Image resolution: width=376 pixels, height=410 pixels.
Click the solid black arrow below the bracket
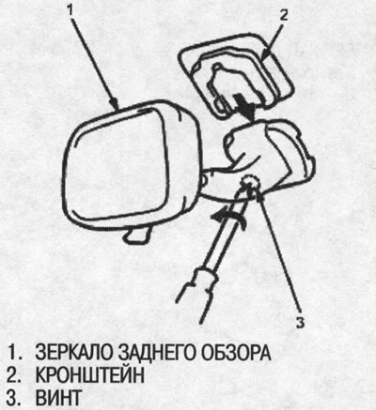pyautogui.click(x=247, y=112)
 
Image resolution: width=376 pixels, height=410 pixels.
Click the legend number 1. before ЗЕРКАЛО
pyautogui.click(x=14, y=354)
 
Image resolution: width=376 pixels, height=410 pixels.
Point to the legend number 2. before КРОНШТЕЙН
pyautogui.click(x=14, y=376)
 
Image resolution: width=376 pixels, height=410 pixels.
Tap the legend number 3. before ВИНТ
pyautogui.click(x=14, y=398)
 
